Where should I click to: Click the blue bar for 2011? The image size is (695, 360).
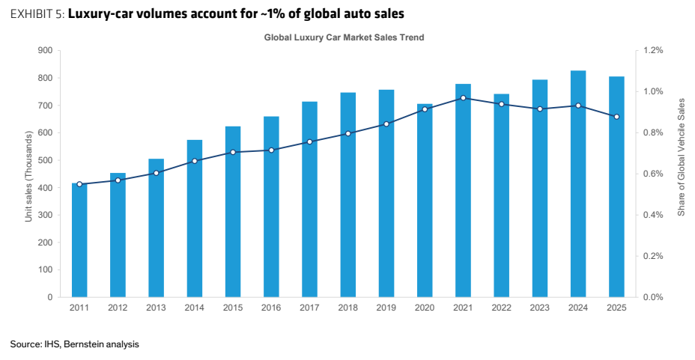(x=79, y=240)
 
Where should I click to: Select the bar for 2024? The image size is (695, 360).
(x=578, y=184)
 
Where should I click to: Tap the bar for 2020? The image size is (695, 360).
(x=425, y=201)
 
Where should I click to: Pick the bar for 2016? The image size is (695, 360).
(x=271, y=207)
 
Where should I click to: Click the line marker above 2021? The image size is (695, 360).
(x=463, y=98)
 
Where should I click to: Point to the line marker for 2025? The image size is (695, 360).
(x=616, y=117)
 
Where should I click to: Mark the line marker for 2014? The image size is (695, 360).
(x=195, y=161)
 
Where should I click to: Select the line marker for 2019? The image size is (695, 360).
(x=386, y=124)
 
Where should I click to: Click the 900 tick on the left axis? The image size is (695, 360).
(x=45, y=50)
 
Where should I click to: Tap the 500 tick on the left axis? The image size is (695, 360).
(x=45, y=160)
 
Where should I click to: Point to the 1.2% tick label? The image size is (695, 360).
(x=653, y=50)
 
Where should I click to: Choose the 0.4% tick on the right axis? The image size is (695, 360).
(x=653, y=216)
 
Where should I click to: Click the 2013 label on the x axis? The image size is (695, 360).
(x=156, y=308)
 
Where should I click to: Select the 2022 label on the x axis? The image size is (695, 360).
(x=501, y=308)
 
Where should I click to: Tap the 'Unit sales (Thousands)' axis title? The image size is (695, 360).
(x=28, y=176)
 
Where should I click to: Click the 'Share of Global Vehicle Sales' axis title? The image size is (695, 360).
(x=682, y=157)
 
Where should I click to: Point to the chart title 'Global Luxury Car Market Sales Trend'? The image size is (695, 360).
(x=344, y=37)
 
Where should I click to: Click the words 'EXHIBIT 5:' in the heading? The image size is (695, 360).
(x=37, y=14)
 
